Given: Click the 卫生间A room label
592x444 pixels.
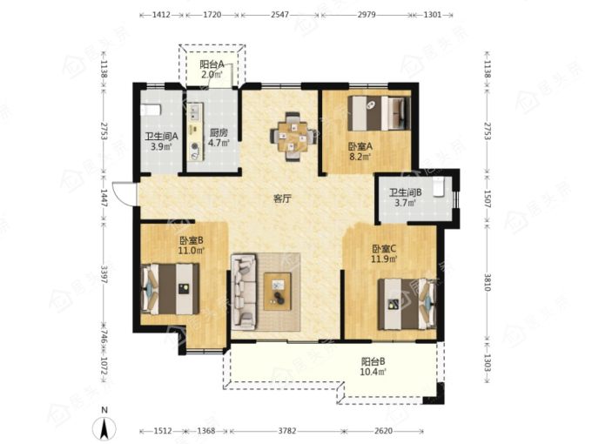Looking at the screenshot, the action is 162,136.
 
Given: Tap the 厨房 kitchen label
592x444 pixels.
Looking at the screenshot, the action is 219,133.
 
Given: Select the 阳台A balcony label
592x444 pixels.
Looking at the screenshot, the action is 212,64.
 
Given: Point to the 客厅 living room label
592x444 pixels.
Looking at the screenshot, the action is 282,198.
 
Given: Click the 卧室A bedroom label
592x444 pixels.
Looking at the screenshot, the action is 360,146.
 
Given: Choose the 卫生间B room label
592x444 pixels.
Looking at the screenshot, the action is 406,192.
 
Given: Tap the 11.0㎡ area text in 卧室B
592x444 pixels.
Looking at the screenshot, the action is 192,250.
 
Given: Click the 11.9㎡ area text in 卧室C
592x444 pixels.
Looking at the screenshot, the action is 384,259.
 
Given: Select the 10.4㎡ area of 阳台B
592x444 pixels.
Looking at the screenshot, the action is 373,372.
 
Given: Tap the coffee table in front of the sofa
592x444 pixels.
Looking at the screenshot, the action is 278,292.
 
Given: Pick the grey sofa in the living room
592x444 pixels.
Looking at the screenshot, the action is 244,292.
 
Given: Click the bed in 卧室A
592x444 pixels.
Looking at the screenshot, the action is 379,113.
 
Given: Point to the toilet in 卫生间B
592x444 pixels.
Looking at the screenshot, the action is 438,187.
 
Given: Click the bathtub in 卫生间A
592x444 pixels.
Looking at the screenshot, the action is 151,110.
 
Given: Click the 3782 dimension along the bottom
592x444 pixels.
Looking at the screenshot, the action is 287,431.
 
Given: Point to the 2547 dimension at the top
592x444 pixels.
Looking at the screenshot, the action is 279,15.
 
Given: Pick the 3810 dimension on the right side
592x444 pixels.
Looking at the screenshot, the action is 488,282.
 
